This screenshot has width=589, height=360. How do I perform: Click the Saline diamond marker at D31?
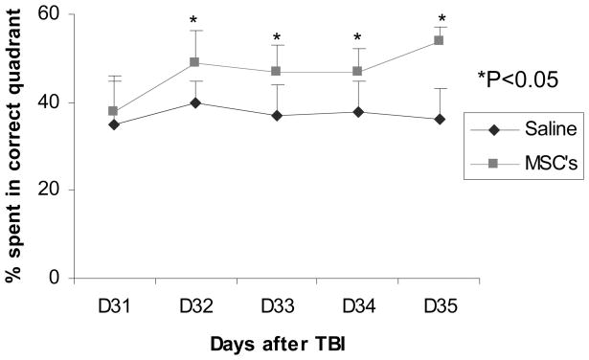(x=113, y=124)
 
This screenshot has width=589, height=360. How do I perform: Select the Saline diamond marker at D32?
(x=195, y=102)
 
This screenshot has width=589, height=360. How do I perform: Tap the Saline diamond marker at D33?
(x=277, y=116)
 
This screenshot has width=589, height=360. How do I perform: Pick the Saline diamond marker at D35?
(x=440, y=120)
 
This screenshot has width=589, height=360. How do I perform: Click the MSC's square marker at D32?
(x=195, y=63)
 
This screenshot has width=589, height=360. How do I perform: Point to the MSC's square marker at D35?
(x=440, y=40)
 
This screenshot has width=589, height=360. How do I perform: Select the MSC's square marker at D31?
(x=113, y=111)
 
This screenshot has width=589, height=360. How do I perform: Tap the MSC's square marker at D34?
(x=358, y=72)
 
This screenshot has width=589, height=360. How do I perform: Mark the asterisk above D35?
(x=442, y=19)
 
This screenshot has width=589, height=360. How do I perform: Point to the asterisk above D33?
(x=277, y=39)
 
